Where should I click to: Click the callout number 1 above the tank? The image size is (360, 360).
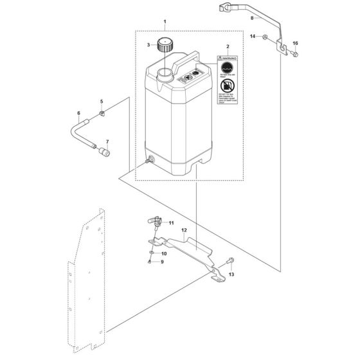(x=165, y=22)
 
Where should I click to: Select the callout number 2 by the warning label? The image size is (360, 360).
(x=226, y=47)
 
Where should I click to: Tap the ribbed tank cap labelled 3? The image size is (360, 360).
(x=166, y=46)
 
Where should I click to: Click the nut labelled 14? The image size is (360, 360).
(x=264, y=36)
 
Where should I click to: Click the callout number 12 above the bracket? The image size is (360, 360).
(x=183, y=230)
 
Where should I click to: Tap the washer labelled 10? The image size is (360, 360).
(x=150, y=253)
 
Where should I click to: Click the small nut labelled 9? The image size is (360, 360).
(x=150, y=262)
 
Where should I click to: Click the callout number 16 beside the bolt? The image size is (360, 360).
(x=296, y=43)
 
